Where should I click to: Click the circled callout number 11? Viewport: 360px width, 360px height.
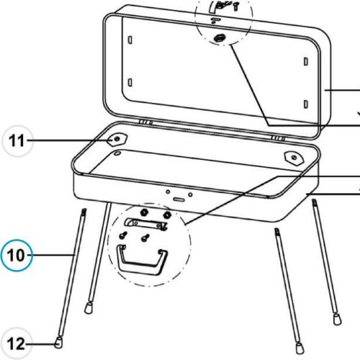tap(17, 142)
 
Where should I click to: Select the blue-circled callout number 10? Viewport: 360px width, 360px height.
tap(17, 254)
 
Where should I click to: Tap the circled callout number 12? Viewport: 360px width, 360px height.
tap(17, 343)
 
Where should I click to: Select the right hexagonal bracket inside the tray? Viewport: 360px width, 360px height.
tap(293, 157)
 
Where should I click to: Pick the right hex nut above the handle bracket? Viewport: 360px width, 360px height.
tap(167, 215)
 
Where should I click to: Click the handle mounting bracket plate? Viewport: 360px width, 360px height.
tap(147, 225)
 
